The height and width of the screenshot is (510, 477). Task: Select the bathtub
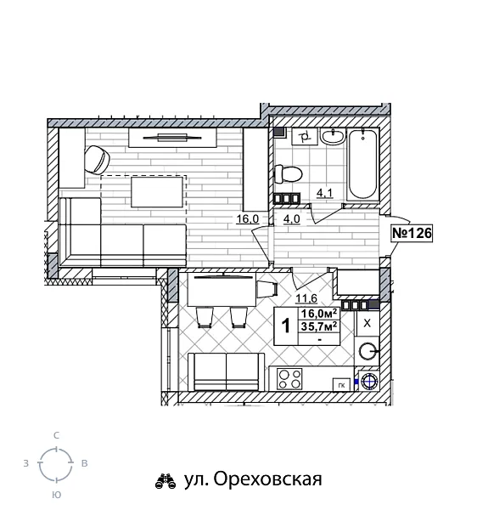tap(364, 164)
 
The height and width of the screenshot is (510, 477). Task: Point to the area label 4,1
tap(323, 194)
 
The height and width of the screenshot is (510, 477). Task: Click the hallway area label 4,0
tap(290, 218)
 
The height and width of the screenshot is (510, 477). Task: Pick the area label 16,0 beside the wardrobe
tap(247, 218)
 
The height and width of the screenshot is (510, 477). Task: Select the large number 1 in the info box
tap(286, 326)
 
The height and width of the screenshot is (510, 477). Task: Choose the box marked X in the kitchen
tap(367, 324)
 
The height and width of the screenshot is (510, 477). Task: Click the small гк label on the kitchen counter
tap(341, 384)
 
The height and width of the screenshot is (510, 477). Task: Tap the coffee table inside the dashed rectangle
tap(156, 192)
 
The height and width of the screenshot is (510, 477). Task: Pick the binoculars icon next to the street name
tap(165, 480)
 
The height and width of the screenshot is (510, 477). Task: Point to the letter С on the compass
tap(56, 435)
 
